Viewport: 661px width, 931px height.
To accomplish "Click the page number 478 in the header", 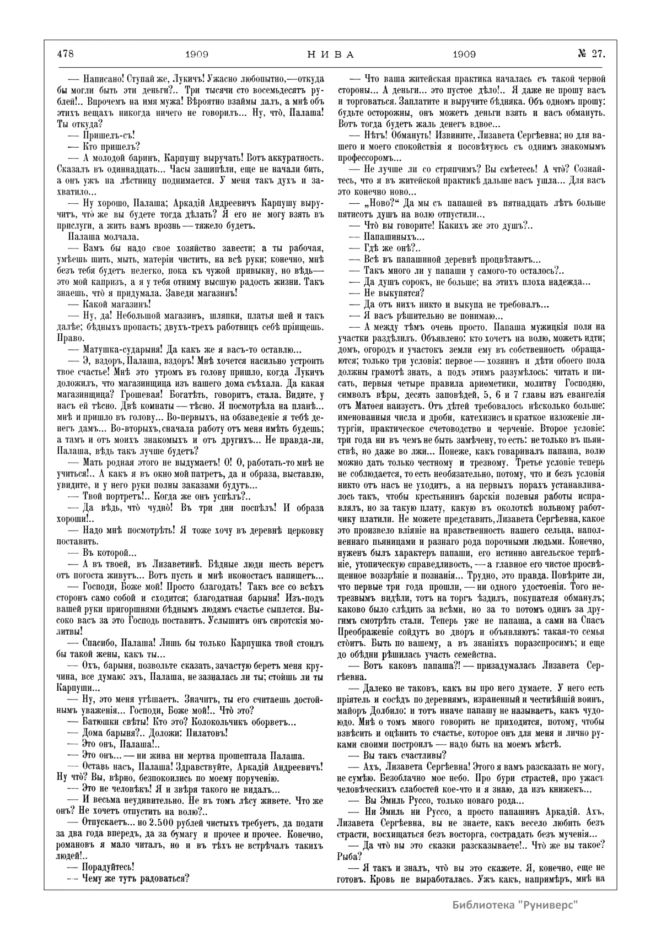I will pos(65,54).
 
